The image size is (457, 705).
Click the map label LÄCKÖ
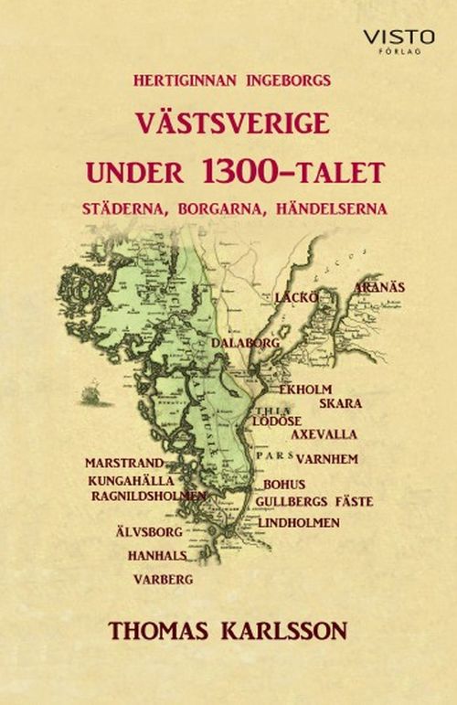click(x=296, y=297)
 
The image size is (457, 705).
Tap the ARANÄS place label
click(x=380, y=286)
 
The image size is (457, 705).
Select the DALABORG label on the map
click(x=241, y=342)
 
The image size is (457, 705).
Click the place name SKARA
click(x=340, y=402)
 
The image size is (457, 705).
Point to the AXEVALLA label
click(x=324, y=434)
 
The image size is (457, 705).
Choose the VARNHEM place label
click(x=325, y=457)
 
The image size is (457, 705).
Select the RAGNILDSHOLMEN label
click(x=149, y=495)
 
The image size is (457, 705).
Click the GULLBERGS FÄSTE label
click(x=315, y=502)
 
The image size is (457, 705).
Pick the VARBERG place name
click(x=162, y=579)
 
